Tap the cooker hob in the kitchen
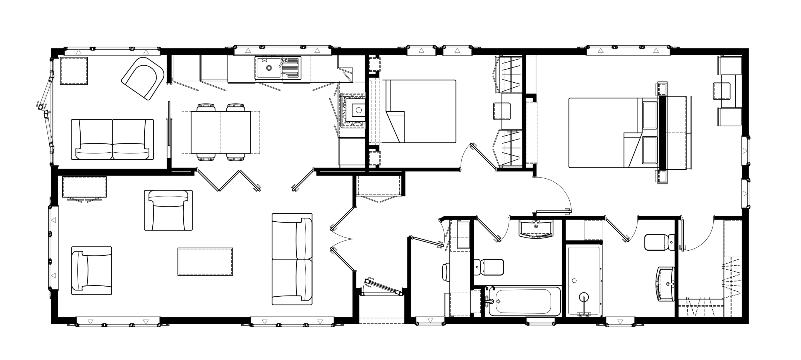point(353,110)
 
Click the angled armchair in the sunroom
point(143,78)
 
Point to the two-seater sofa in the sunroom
point(112,140)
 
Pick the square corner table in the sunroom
point(74,71)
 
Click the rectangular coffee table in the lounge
point(205,261)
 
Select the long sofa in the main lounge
point(292,259)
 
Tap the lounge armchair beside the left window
point(92,270)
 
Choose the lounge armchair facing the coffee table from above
point(168,210)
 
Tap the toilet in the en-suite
point(659,242)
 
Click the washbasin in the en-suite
point(665,284)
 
